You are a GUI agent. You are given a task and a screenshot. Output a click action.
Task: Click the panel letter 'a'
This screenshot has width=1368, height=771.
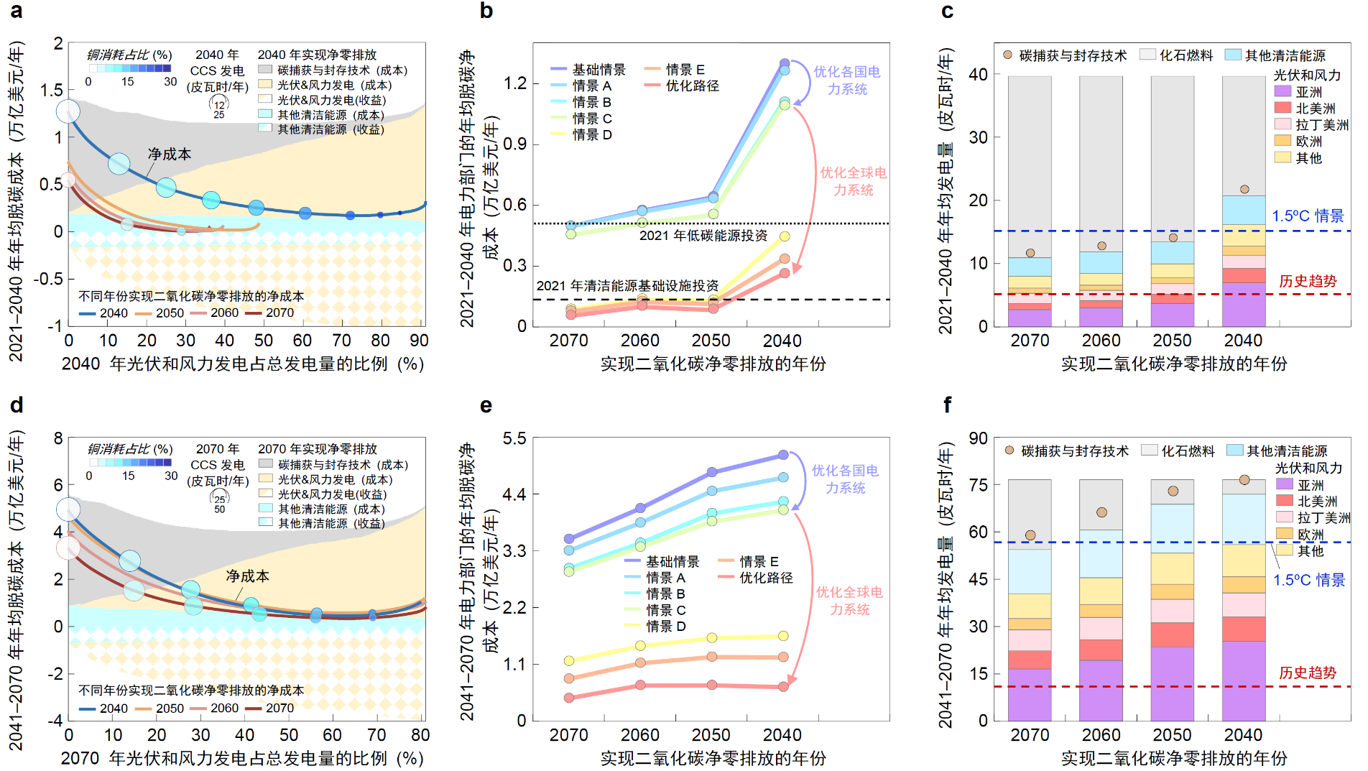(16, 11)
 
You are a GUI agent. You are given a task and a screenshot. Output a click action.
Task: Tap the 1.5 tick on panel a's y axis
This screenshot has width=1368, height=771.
(52, 90)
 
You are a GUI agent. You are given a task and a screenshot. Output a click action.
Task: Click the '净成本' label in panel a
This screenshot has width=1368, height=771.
(170, 154)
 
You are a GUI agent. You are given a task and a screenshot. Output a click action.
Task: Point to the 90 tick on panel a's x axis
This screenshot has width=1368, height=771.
(418, 341)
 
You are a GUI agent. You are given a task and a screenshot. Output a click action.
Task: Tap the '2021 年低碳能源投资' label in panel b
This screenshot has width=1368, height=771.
(703, 236)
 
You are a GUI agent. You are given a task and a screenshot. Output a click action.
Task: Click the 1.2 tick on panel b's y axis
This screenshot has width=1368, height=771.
(515, 83)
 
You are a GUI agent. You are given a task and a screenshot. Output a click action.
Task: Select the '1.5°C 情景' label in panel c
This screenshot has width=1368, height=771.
(1308, 216)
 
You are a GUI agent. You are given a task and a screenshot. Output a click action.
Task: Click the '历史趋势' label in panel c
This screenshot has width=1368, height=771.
(1308, 281)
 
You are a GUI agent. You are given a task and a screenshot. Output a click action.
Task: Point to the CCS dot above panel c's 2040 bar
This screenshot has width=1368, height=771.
(1244, 190)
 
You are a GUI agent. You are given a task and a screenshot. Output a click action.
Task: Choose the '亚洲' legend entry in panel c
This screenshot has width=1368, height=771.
(1308, 92)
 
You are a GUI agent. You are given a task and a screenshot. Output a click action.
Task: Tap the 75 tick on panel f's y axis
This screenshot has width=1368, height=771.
(978, 485)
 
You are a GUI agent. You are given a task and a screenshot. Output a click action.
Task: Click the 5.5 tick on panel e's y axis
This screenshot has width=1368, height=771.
(515, 438)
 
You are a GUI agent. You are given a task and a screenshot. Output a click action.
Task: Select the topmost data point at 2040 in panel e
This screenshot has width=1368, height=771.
(783, 456)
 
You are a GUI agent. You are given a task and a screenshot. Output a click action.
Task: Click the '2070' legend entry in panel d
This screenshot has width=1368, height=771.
(279, 708)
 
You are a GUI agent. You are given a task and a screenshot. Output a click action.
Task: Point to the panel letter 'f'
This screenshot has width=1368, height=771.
(948, 405)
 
